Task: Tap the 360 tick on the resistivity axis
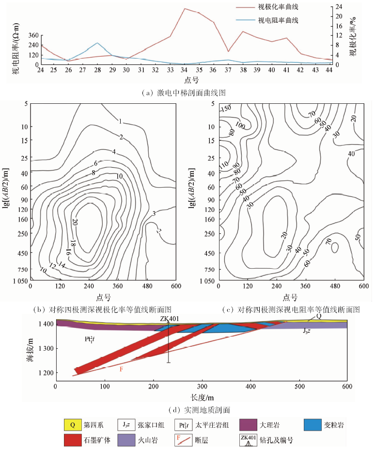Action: (x=32, y=35)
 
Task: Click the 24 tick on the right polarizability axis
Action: (x=339, y=6)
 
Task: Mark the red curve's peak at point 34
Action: (x=185, y=8)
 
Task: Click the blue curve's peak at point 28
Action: (x=97, y=43)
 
